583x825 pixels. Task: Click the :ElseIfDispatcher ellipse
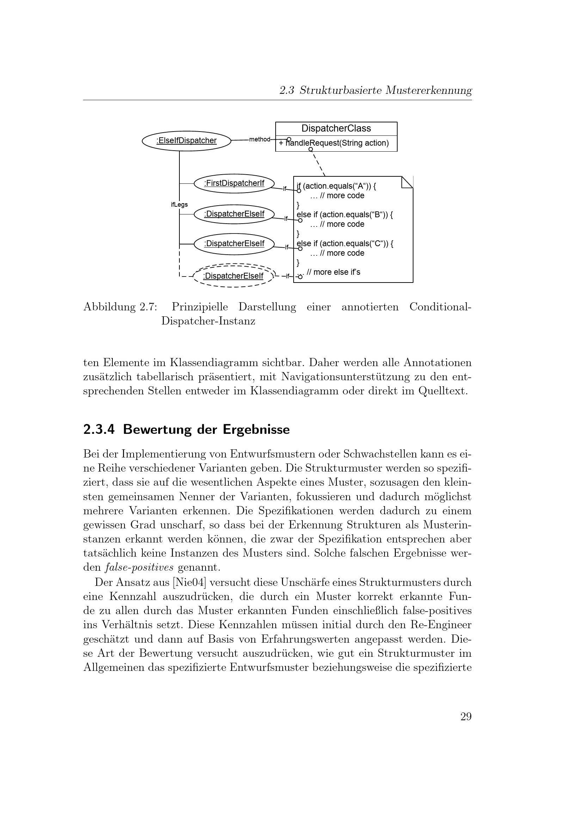click(x=186, y=141)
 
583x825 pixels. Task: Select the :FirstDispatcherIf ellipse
click(x=234, y=183)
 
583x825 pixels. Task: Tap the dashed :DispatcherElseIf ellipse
click(x=233, y=276)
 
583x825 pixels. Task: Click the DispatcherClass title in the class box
click(x=336, y=129)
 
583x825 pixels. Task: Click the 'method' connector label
click(x=259, y=139)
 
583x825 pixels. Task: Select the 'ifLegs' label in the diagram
click(x=179, y=205)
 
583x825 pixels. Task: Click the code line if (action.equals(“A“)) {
click(x=336, y=186)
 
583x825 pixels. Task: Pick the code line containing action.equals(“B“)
click(x=345, y=215)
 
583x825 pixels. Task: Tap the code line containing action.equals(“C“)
click(x=345, y=244)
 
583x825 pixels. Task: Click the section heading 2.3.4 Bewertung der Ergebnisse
click(x=186, y=429)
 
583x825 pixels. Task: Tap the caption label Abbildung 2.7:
click(x=120, y=307)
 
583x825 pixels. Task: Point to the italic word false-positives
click(x=140, y=568)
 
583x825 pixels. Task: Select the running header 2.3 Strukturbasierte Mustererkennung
click(x=375, y=90)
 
